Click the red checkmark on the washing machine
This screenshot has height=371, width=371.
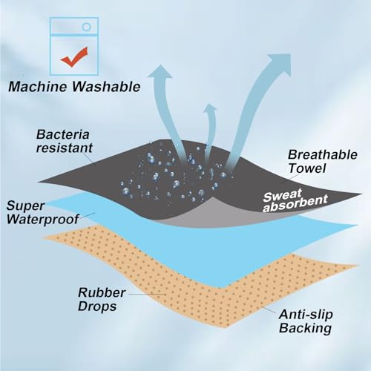pyautogui.click(x=73, y=57)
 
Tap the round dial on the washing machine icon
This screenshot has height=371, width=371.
pyautogui.click(x=86, y=27)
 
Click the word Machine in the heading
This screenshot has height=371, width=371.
pyautogui.click(x=38, y=87)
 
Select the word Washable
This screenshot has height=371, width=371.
pyautogui.click(x=106, y=87)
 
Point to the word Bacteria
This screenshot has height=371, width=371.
pyautogui.click(x=63, y=134)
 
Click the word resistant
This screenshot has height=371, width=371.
pyautogui.click(x=65, y=148)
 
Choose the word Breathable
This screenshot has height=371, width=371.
pyautogui.click(x=323, y=155)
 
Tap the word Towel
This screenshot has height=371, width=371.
pyautogui.click(x=307, y=168)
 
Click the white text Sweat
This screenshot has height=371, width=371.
pyautogui.click(x=283, y=196)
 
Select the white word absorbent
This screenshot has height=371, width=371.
pyautogui.click(x=295, y=205)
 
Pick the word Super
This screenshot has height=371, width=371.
pyautogui.click(x=25, y=206)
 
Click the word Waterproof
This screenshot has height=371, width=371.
pyautogui.click(x=42, y=219)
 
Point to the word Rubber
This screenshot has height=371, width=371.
pyautogui.click(x=102, y=292)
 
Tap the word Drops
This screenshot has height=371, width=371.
pyautogui.click(x=97, y=306)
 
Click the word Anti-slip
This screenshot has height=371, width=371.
pyautogui.click(x=306, y=315)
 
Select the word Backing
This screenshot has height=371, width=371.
pyautogui.click(x=305, y=328)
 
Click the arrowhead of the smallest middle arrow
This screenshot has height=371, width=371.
pyautogui.click(x=210, y=109)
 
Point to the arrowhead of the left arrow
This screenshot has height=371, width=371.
pyautogui.click(x=160, y=72)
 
